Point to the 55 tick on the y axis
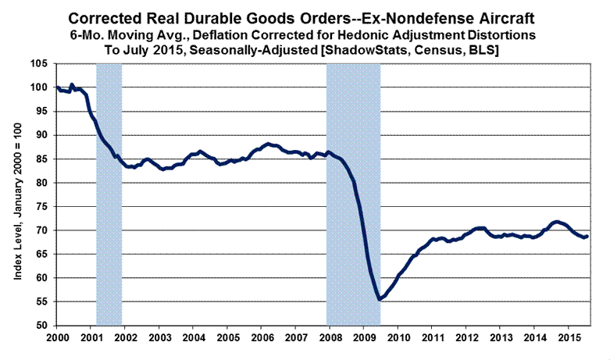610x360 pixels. (45, 301)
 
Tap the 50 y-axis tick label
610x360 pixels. (45, 326)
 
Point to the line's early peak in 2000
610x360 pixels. (72, 84)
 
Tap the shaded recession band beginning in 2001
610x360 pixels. (109, 195)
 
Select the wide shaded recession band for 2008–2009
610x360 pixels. (353, 195)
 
